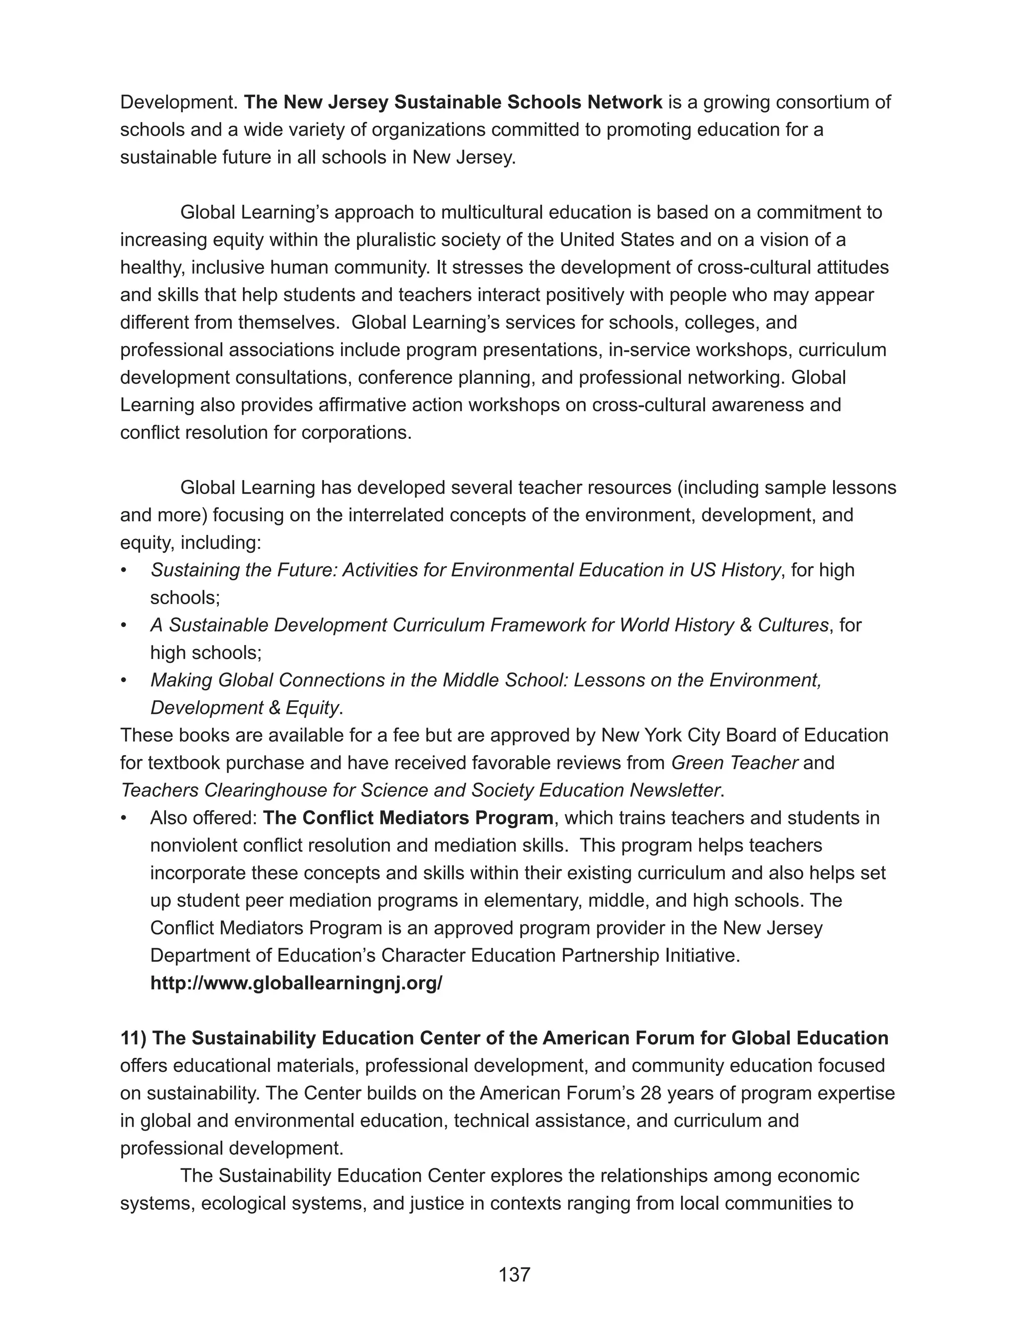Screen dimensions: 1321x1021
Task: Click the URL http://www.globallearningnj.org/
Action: pos(296,983)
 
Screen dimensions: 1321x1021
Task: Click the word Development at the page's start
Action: pos(178,102)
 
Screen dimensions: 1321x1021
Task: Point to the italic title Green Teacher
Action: pos(734,763)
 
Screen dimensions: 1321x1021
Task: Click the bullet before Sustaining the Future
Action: pos(124,570)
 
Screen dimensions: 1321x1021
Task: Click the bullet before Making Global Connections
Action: pos(124,680)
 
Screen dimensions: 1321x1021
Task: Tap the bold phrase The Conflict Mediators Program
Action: pos(408,818)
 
